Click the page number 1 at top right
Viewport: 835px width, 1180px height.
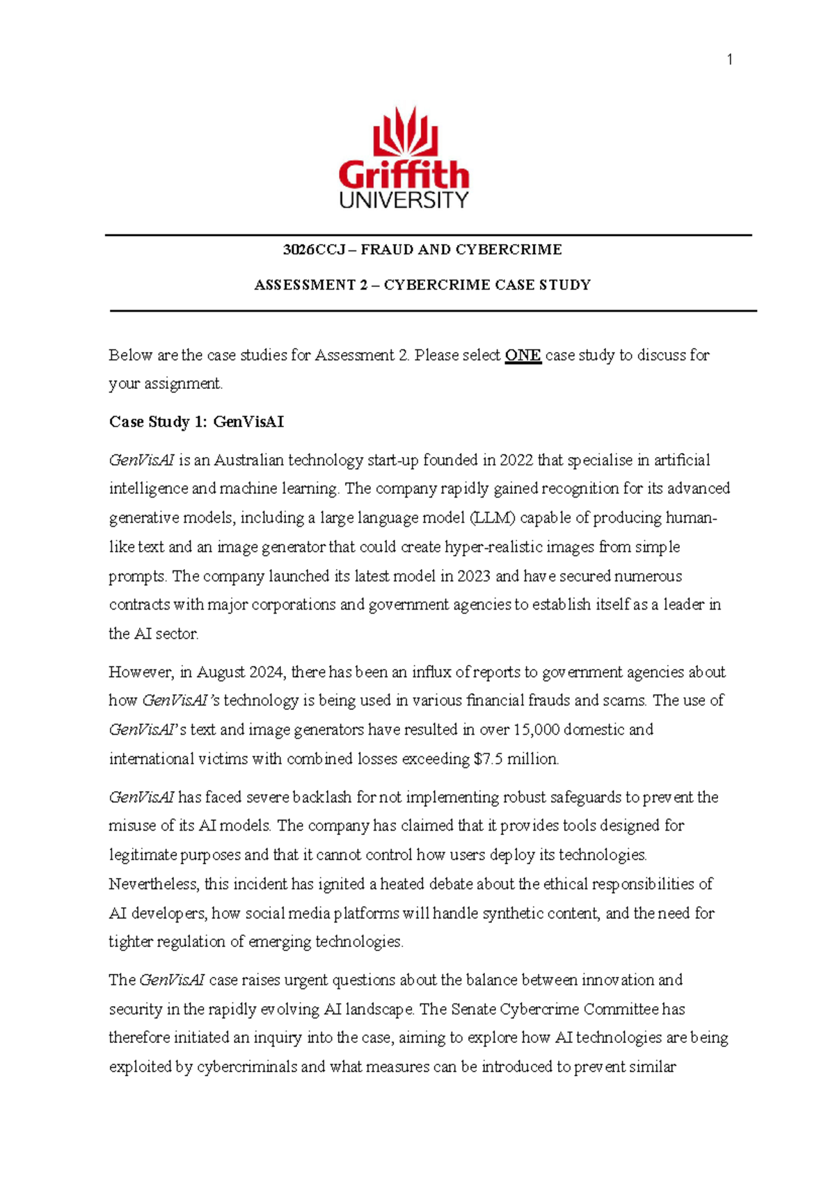[729, 60]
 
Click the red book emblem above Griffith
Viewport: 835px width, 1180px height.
[405, 131]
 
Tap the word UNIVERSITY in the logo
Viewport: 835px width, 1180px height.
[404, 200]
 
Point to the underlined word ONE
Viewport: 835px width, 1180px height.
[523, 356]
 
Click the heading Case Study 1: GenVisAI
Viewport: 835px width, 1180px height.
[196, 422]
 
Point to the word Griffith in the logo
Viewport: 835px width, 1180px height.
[404, 175]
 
